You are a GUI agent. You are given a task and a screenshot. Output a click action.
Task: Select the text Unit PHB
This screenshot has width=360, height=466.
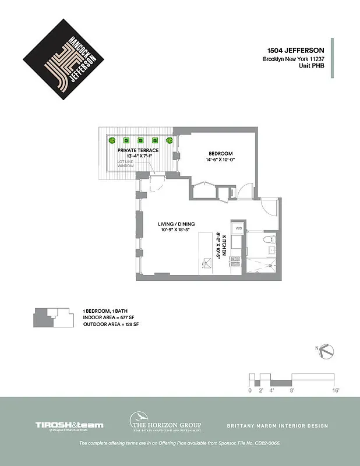312,68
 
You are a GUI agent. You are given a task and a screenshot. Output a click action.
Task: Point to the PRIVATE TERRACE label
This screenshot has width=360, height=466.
138,150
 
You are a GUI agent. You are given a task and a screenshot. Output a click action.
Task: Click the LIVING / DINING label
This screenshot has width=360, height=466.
177,224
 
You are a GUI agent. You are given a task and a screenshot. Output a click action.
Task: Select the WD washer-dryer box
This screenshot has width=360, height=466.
238,230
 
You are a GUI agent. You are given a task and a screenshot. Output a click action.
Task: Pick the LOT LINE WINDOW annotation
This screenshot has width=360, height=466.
126,164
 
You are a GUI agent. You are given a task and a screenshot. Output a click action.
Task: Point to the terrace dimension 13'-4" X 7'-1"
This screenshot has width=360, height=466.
138,156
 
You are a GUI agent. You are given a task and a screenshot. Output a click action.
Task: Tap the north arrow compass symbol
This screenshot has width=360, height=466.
327,351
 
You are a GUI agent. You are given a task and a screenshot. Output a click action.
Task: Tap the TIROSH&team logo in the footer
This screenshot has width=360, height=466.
69,426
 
